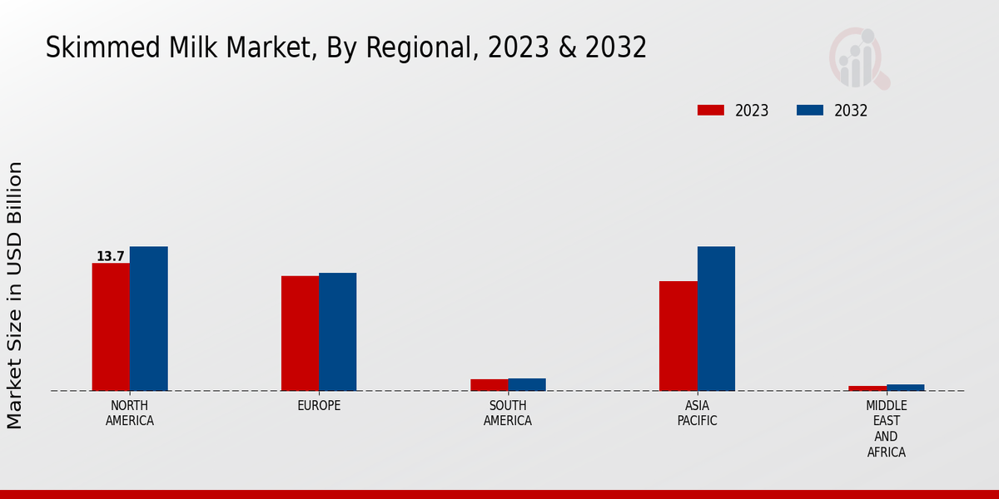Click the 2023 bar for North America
[111, 327]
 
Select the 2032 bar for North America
[148, 319]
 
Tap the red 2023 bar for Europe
[300, 333]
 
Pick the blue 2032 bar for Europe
[337, 332]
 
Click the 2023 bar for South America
[489, 385]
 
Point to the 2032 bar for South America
[527, 384]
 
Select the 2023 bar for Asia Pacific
[678, 336]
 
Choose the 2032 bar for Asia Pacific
[716, 319]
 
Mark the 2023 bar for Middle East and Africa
[867, 388]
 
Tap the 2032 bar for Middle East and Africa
[905, 388]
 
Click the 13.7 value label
[110, 256]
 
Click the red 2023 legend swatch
[711, 111]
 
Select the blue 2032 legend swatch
[809, 111]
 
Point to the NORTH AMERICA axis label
[130, 413]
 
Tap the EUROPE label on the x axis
[319, 406]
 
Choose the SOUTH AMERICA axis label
[508, 413]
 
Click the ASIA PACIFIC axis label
[697, 413]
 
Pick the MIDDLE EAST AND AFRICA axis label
[886, 429]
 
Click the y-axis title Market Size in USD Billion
[15, 295]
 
